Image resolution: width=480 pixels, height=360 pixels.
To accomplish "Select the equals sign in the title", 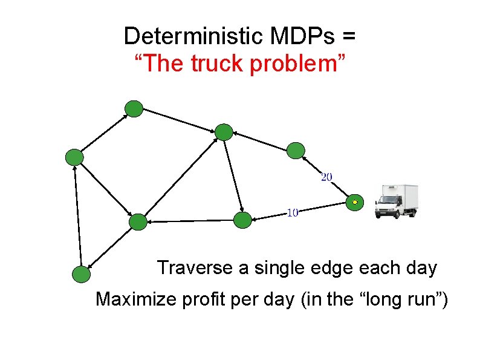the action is click(348, 38).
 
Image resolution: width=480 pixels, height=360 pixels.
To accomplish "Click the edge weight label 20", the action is click(326, 177).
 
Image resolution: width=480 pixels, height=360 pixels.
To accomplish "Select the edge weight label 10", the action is click(292, 212).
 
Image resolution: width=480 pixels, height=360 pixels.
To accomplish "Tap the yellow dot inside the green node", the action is click(355, 201).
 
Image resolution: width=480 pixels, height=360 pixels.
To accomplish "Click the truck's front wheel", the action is click(383, 212).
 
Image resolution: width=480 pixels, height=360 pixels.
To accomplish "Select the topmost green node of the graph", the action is click(134, 109).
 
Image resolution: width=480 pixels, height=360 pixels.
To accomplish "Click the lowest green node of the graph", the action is click(81, 275).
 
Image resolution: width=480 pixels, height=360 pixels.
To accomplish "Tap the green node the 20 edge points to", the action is click(296, 150).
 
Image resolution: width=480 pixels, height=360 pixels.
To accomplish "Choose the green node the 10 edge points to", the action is click(242, 220).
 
